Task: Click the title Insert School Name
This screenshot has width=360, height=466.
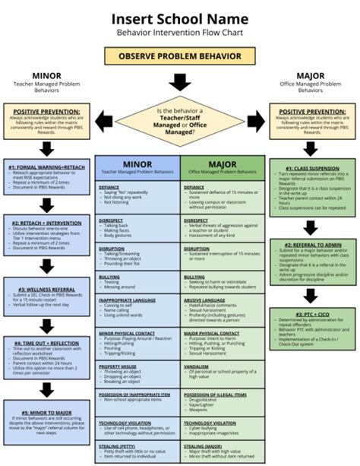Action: point(180,18)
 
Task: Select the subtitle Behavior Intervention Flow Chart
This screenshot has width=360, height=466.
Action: point(180,34)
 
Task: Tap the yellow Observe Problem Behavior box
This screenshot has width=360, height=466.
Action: point(180,56)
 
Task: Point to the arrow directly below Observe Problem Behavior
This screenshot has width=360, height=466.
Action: point(180,81)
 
